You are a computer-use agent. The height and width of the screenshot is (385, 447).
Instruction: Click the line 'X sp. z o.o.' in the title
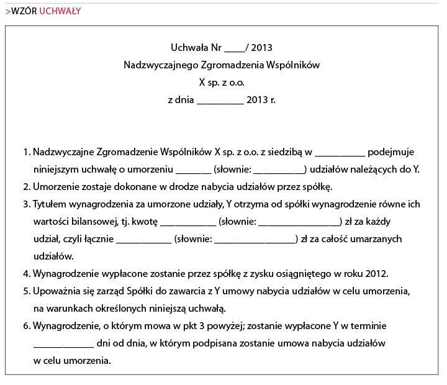[222, 82]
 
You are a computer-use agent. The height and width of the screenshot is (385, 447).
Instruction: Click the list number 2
[26, 186]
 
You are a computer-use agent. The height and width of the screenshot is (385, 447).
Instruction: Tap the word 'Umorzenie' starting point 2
[55, 186]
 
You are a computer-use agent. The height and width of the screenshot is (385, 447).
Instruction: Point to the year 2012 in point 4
[377, 273]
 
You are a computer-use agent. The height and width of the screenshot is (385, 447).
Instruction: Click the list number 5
[26, 291]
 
